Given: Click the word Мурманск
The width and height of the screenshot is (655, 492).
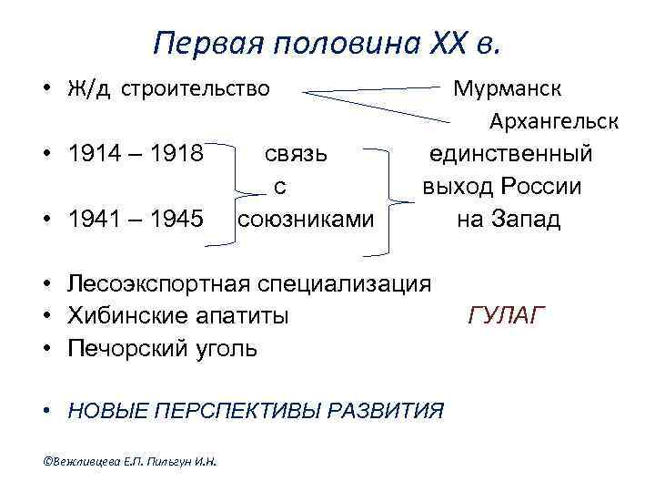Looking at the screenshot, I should pyautogui.click(x=508, y=89).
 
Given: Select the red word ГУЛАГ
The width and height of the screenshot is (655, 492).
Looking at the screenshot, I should pyautogui.click(x=507, y=316).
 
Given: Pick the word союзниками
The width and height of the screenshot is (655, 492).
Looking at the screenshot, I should pyautogui.click(x=305, y=220).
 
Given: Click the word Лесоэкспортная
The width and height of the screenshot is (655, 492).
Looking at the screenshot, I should pyautogui.click(x=157, y=283).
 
